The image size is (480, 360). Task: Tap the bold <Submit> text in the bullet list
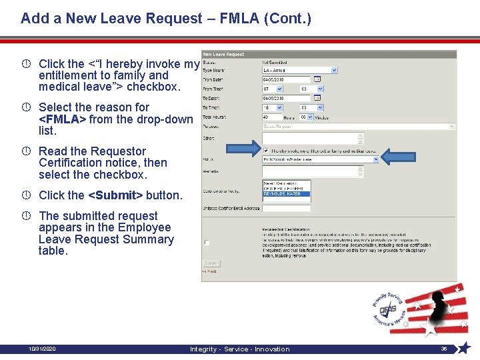point(116,195)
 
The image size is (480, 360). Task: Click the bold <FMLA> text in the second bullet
point(63,119)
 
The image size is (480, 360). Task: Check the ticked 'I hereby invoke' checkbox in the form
point(267,151)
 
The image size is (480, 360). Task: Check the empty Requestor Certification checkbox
point(207,243)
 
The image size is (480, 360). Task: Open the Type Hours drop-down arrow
point(334,69)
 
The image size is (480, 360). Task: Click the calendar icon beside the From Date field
point(317,79)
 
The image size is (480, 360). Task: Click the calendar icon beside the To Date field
point(317,98)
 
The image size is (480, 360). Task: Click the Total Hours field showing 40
point(273,117)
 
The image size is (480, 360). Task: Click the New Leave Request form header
point(224,54)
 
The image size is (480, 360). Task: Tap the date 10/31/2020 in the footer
point(43,349)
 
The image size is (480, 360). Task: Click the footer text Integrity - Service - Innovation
point(239,349)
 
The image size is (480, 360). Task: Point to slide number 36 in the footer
point(444,349)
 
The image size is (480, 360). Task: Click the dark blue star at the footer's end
point(464,347)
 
